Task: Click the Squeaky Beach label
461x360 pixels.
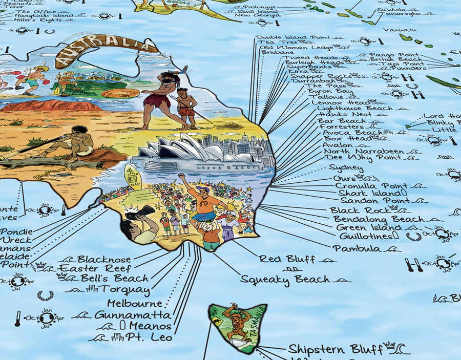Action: [285, 280]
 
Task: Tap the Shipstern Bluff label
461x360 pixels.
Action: [336, 350]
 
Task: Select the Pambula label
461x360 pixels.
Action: [357, 248]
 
